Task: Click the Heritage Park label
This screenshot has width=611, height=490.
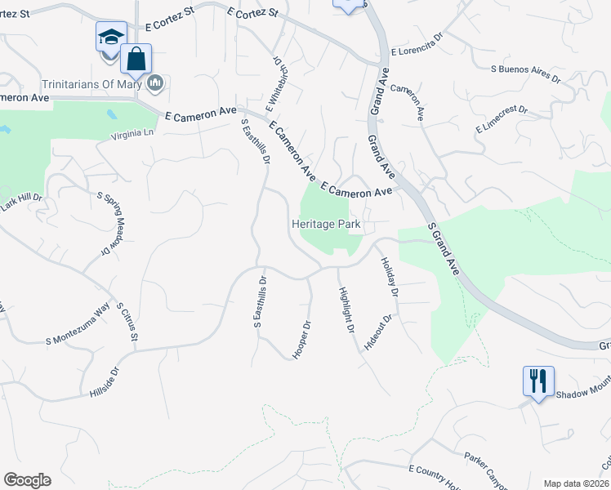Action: (327, 224)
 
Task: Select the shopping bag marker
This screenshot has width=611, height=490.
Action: (136, 59)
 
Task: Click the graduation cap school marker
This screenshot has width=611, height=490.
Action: (111, 38)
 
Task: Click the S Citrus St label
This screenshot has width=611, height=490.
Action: (129, 324)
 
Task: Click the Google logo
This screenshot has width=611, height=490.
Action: (27, 480)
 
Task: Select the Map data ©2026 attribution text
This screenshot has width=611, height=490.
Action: (576, 483)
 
